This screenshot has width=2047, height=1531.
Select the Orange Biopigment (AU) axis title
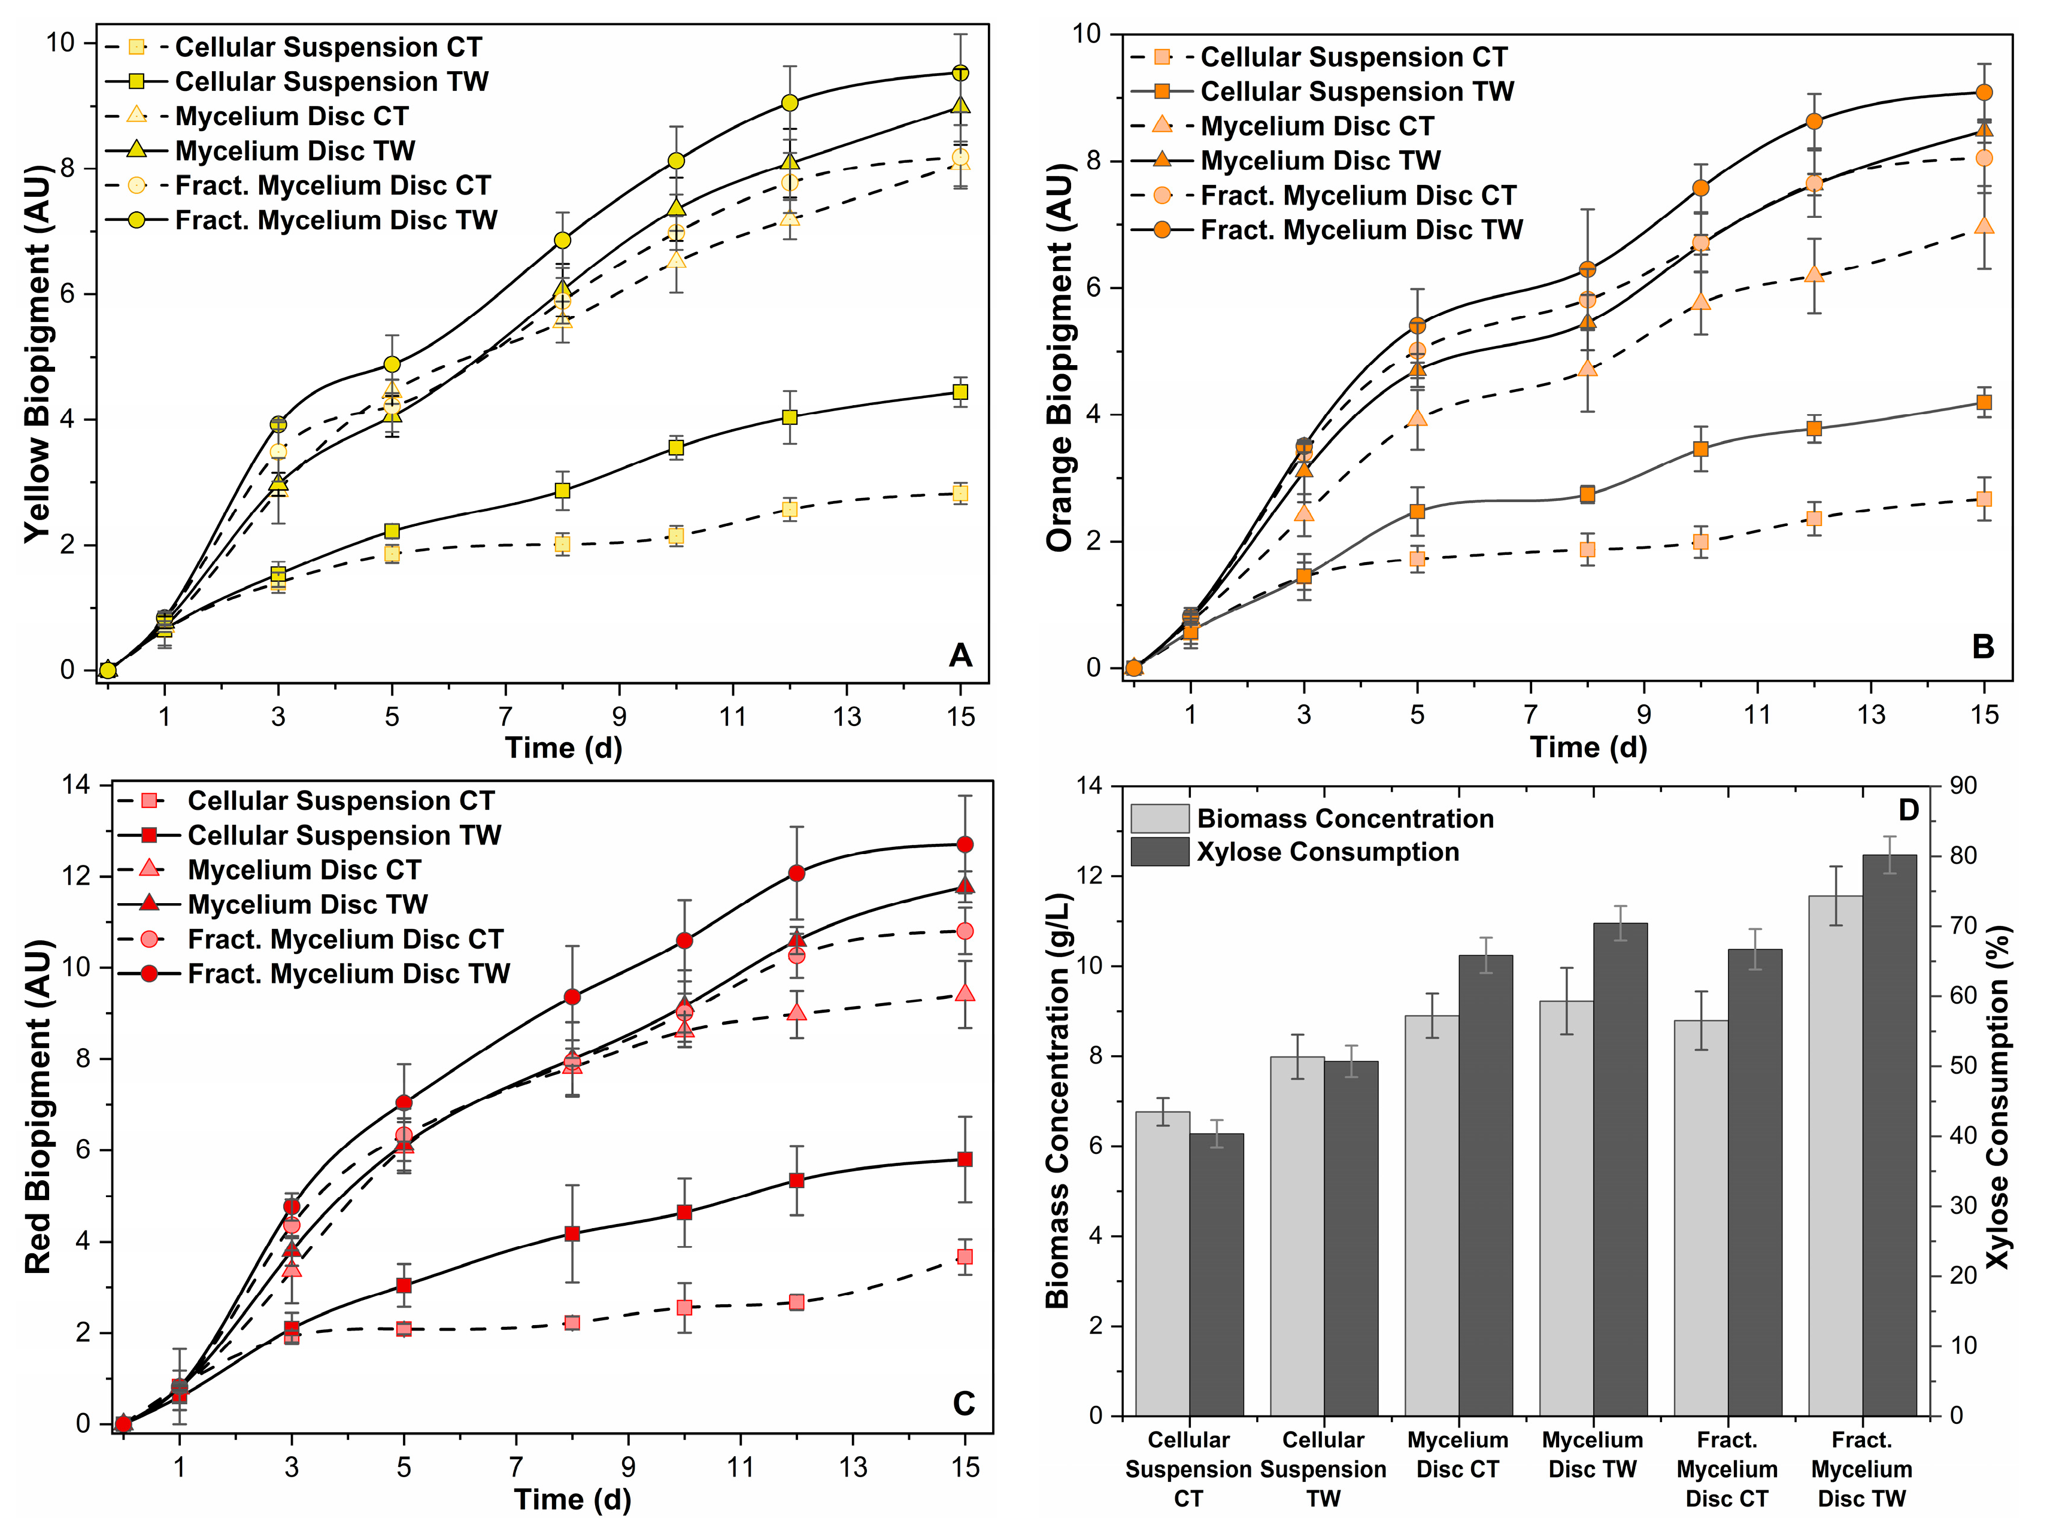1060,358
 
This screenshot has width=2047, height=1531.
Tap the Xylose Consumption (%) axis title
1999,1097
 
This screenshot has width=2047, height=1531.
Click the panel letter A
960,655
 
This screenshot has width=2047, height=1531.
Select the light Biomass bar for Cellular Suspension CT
1162,1263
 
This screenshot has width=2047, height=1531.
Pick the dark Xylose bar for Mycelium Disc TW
1620,1169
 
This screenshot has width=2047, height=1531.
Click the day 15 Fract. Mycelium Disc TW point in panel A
960,73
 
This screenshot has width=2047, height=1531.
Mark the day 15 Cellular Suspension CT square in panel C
965,1256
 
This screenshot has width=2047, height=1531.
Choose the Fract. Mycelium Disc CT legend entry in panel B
1323,195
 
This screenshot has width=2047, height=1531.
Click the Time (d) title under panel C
573,1499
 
